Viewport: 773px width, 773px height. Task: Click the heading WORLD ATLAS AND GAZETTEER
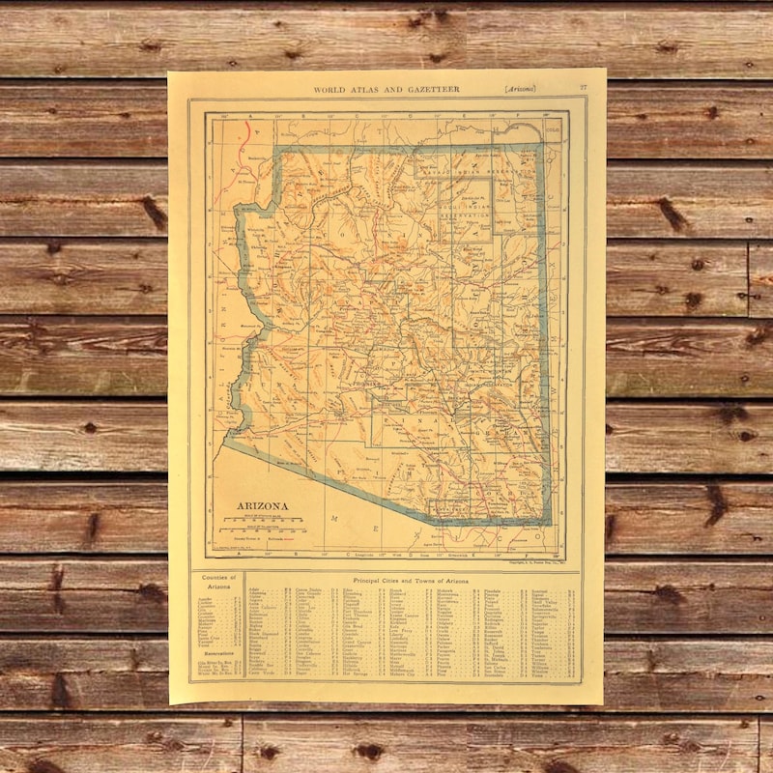[386, 89]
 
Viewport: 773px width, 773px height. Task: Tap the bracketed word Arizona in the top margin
[520, 89]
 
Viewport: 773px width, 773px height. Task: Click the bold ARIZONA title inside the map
[262, 505]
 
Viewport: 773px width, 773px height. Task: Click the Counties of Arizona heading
[218, 582]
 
